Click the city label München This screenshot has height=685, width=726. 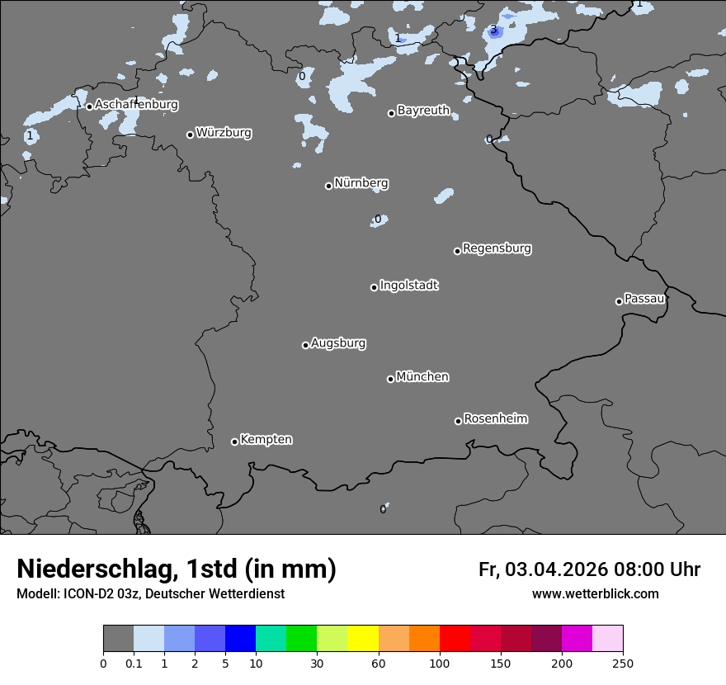422,377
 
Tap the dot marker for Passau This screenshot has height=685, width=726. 619,301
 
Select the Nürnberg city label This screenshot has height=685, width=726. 361,183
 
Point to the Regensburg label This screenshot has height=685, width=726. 497,248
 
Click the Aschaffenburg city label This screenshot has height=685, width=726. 136,105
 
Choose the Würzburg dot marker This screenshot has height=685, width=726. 190,135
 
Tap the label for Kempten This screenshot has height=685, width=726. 266,440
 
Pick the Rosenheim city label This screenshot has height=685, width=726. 495,419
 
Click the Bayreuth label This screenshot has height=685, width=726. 423,111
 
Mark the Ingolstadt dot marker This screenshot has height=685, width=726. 374,287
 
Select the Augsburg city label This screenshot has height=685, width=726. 338,343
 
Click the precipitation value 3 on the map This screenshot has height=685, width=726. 493,31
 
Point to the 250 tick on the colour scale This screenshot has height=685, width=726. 623,663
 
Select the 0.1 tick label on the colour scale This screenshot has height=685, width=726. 133,663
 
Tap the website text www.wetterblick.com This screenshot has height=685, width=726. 595,593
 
